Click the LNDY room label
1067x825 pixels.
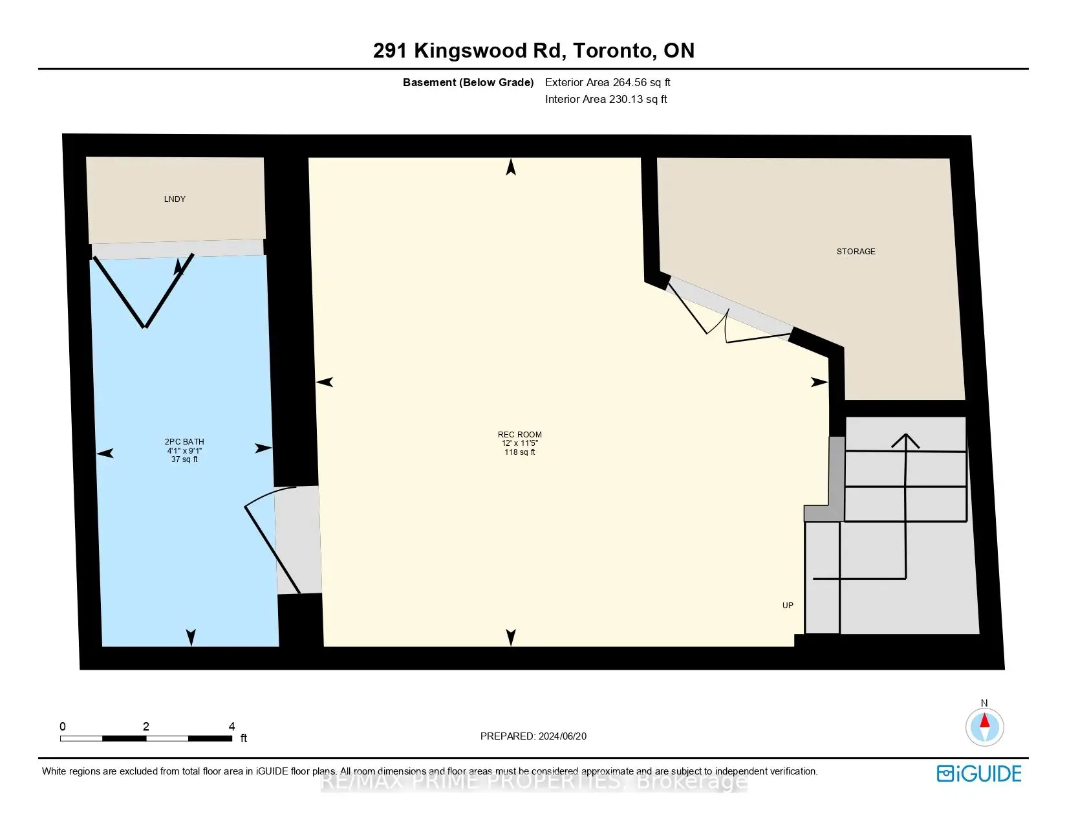[175, 199]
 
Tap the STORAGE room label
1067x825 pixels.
[856, 251]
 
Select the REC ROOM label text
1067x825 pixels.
[519, 435]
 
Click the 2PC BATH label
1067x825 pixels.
[184, 442]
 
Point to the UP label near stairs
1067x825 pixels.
[788, 606]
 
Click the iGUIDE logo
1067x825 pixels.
[979, 773]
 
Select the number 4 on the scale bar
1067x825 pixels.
[232, 727]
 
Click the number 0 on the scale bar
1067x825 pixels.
[63, 727]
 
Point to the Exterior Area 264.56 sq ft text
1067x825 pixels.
[607, 82]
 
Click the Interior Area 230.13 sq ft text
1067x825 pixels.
[606, 99]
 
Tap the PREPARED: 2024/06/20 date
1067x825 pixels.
[533, 736]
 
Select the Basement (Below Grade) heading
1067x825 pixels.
[468, 82]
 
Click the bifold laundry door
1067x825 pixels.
[144, 291]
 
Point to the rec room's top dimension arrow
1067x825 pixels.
[511, 168]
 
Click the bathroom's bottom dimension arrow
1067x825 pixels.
[191, 637]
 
